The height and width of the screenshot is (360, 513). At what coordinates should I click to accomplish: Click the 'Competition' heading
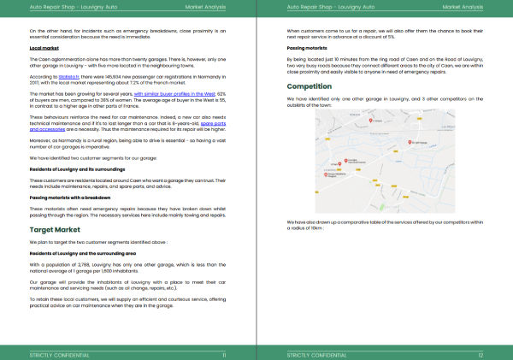(x=309, y=86)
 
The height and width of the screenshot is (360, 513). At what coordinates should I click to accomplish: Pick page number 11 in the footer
(x=224, y=353)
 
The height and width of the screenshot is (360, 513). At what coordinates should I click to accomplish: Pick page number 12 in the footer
(x=481, y=353)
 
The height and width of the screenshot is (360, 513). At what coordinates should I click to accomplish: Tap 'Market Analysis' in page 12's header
(x=463, y=5)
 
